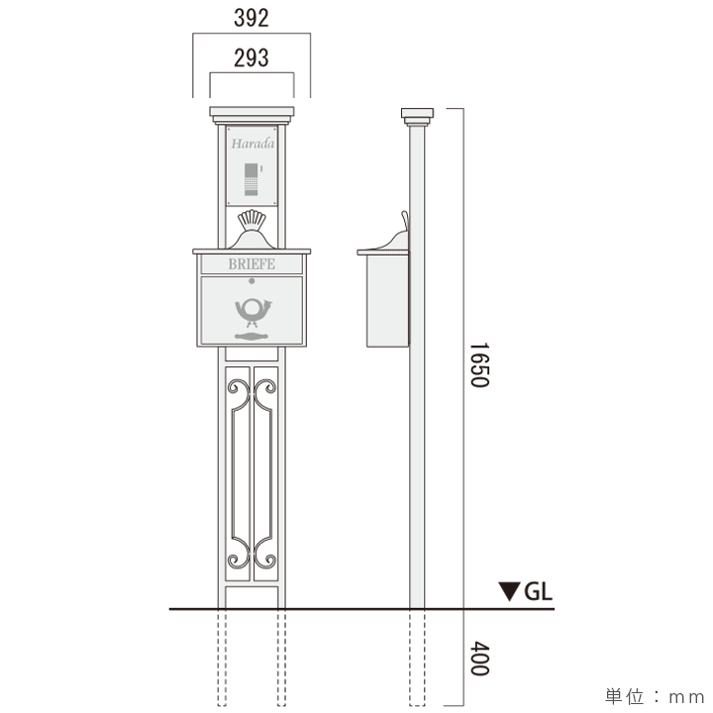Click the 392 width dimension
pyautogui.click(x=252, y=18)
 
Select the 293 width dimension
pyautogui.click(x=252, y=57)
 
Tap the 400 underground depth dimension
pyautogui.click(x=478, y=658)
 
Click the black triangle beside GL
pyautogui.click(x=509, y=592)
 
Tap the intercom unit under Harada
pyautogui.click(x=252, y=179)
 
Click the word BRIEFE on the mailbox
pyautogui.click(x=252, y=264)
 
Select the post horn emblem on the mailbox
pyautogui.click(x=252, y=312)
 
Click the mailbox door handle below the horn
pyautogui.click(x=252, y=338)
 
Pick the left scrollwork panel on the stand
pyautogui.click(x=238, y=470)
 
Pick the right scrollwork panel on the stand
pyautogui.click(x=265, y=470)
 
